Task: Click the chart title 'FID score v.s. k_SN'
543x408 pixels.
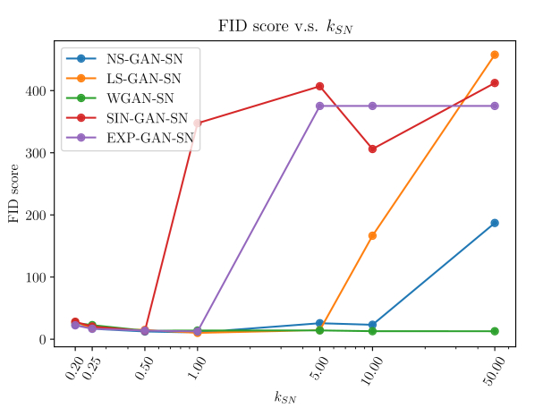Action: [x=284, y=25]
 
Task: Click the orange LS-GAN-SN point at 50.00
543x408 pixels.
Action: [x=495, y=55]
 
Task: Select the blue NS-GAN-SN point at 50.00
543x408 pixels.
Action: [x=495, y=223]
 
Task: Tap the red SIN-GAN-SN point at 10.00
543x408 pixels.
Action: [x=372, y=149]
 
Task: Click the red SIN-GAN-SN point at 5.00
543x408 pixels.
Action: [x=319, y=86]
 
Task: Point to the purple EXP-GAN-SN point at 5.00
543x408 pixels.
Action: [x=319, y=106]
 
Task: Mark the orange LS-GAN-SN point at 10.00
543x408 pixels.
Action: [x=372, y=235]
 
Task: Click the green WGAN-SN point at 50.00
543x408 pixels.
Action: [x=495, y=331]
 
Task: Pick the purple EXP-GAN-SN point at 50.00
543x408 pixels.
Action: [x=495, y=106]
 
